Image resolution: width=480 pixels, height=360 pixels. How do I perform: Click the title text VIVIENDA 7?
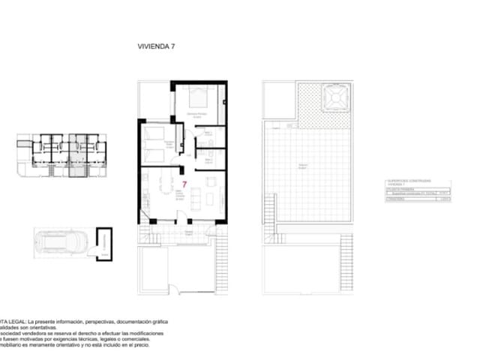[155, 46]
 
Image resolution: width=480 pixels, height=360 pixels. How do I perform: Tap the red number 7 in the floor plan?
[184, 182]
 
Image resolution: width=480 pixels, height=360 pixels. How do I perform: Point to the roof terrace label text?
[303, 166]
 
